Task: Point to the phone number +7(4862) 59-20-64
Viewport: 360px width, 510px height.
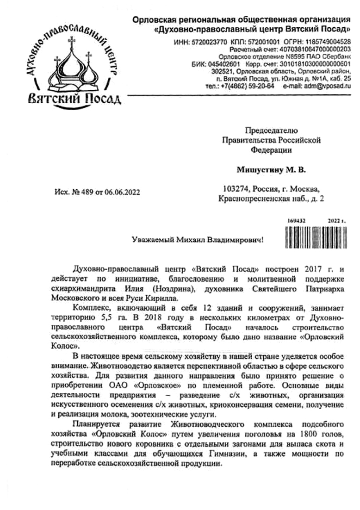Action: [248, 86]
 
